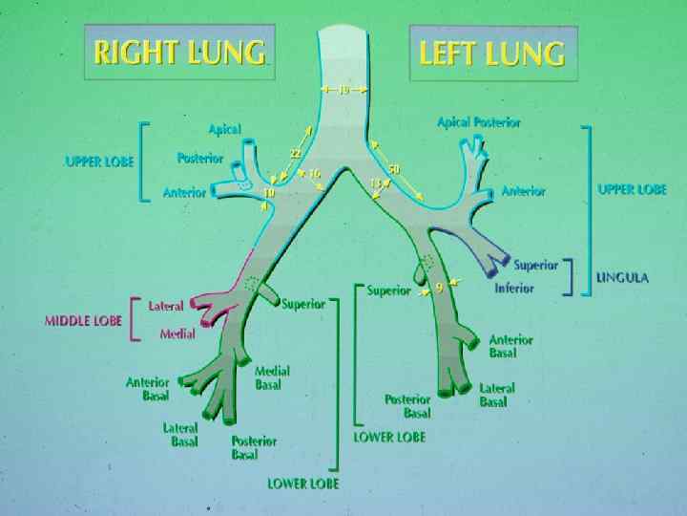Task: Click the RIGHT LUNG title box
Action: click(180, 53)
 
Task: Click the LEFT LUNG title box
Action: click(493, 53)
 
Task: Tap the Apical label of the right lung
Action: click(225, 129)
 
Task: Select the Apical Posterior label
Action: click(479, 122)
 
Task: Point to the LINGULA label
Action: click(622, 278)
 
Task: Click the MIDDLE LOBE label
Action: click(83, 321)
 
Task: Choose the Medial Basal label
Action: click(273, 377)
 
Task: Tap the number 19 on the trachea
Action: click(343, 90)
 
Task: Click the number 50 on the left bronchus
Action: click(394, 169)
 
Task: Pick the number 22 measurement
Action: click(296, 153)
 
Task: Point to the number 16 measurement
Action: click(314, 174)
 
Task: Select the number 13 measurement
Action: click(376, 183)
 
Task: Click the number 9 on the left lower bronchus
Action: click(438, 286)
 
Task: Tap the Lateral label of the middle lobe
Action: click(166, 306)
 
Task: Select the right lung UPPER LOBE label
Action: click(99, 161)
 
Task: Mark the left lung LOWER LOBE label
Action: click(389, 437)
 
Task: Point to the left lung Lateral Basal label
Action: click(496, 395)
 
